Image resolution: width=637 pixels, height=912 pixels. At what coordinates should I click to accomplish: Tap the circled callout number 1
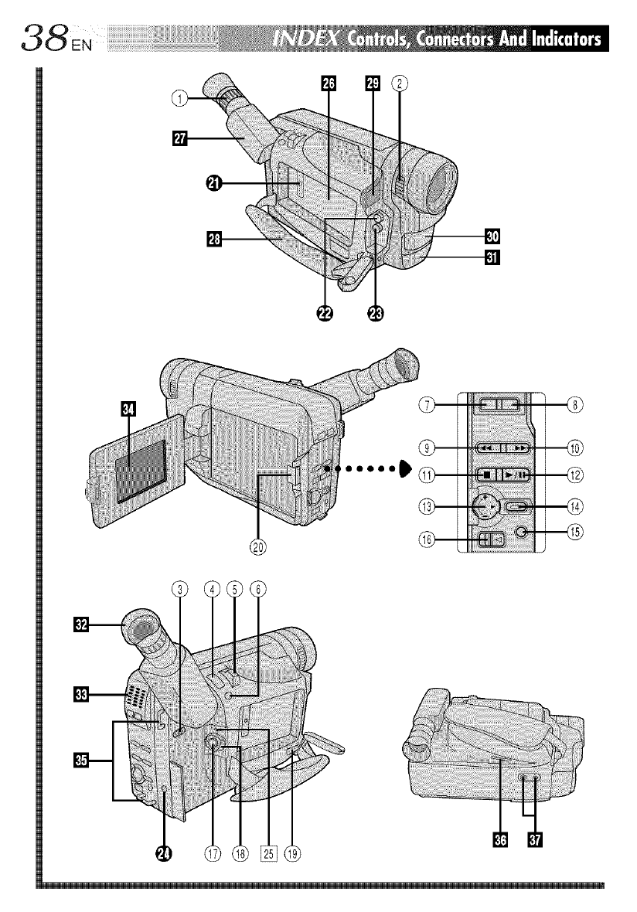(x=179, y=97)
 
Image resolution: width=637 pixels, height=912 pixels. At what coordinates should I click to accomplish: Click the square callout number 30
(x=492, y=236)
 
